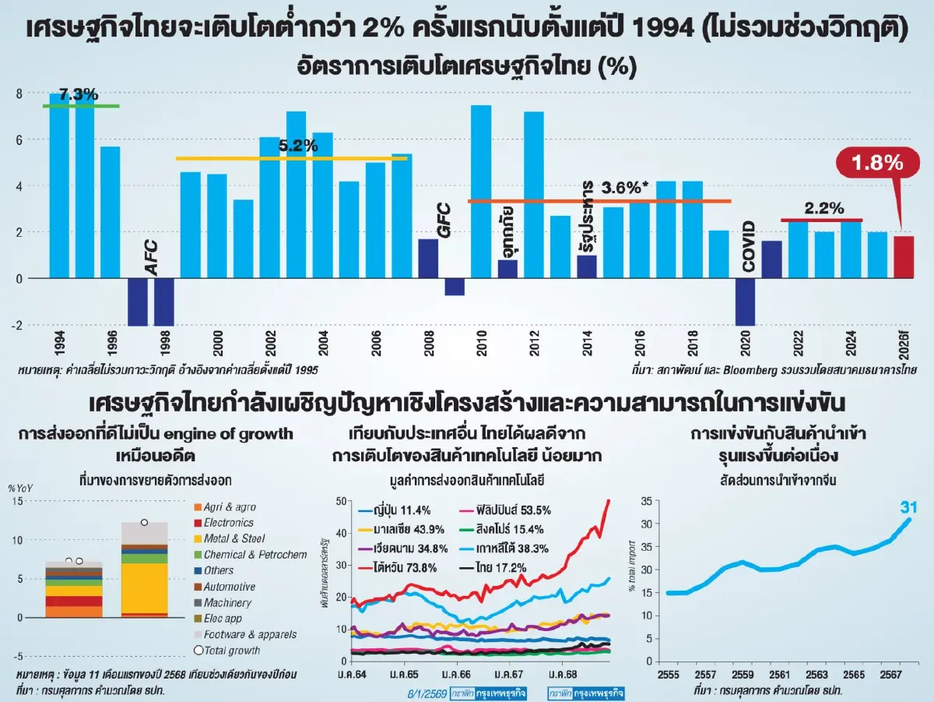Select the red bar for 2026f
(903, 257)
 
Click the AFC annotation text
(152, 257)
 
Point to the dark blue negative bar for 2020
(745, 302)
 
